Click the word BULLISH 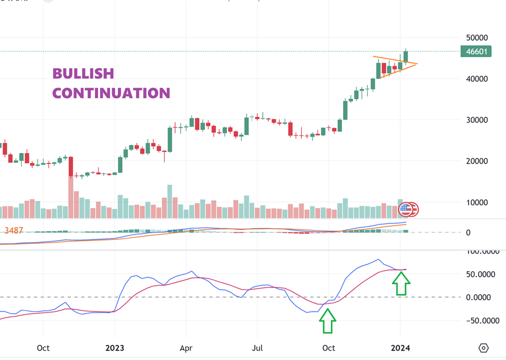(83, 73)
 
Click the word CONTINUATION (111, 93)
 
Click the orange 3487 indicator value (13, 230)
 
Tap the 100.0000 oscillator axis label (483, 252)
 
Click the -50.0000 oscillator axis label (483, 321)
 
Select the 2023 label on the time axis (114, 348)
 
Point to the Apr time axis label (186, 348)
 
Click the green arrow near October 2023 (327, 322)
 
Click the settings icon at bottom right (483, 348)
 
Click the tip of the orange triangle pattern (417, 63)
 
